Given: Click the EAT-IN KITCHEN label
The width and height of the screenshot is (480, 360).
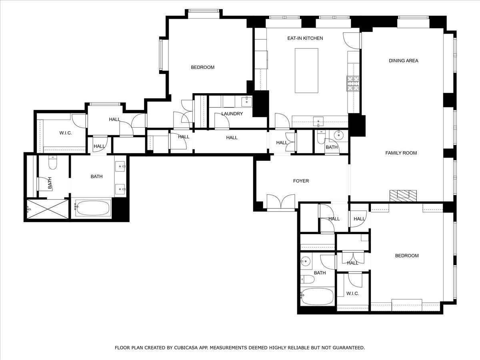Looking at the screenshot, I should [x=305, y=38].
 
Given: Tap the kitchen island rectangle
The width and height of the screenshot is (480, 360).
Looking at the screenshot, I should [x=306, y=70].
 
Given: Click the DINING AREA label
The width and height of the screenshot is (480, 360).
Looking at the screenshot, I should [x=403, y=61].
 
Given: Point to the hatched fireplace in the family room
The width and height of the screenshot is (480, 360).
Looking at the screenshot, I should [x=403, y=195].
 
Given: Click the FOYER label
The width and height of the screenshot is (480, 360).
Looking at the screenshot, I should [x=301, y=181].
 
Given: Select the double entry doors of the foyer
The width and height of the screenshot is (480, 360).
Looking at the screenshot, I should [x=281, y=202].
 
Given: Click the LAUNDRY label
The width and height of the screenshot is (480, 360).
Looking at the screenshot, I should [x=232, y=114].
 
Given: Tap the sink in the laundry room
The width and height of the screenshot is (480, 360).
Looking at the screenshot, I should [x=246, y=102].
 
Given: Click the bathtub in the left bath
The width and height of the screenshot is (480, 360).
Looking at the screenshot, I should [x=92, y=208].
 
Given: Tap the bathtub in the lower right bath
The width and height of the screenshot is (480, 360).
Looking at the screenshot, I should [x=318, y=296].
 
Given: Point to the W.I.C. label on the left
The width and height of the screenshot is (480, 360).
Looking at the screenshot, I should [x=65, y=133].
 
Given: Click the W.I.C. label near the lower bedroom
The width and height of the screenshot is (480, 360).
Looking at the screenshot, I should [x=352, y=294].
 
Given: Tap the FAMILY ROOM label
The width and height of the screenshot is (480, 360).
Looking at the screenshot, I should [x=401, y=153].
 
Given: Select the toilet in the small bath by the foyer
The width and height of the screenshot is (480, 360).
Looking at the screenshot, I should [x=321, y=138].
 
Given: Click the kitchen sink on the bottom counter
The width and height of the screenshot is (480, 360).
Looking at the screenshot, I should [x=318, y=121].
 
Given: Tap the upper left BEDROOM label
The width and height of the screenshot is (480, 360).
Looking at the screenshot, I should [x=202, y=67].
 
